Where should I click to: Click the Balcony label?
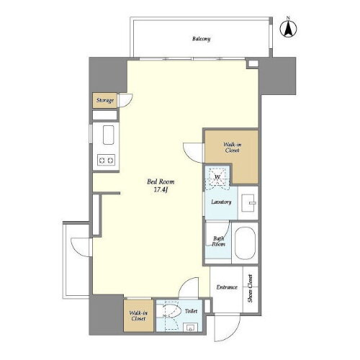click(x=201, y=39)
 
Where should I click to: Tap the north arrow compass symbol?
click(x=288, y=28)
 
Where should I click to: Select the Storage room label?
click(x=105, y=100)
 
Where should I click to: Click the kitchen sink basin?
click(x=108, y=135)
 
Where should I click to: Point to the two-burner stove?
click(x=106, y=160)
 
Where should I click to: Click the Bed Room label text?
click(x=161, y=181)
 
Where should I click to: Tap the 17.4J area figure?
click(x=161, y=190)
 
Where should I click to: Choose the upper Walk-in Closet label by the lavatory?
click(x=232, y=148)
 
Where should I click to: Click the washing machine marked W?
click(x=217, y=177)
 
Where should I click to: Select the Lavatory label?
click(x=221, y=202)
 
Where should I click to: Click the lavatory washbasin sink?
click(x=248, y=203)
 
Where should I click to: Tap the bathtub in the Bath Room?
click(x=245, y=243)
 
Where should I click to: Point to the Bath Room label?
click(x=218, y=241)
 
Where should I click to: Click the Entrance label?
click(x=227, y=287)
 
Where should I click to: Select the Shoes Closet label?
click(x=251, y=288)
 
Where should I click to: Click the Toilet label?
click(x=191, y=311)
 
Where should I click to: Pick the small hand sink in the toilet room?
click(x=191, y=327)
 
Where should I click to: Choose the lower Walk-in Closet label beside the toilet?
click(x=138, y=316)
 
